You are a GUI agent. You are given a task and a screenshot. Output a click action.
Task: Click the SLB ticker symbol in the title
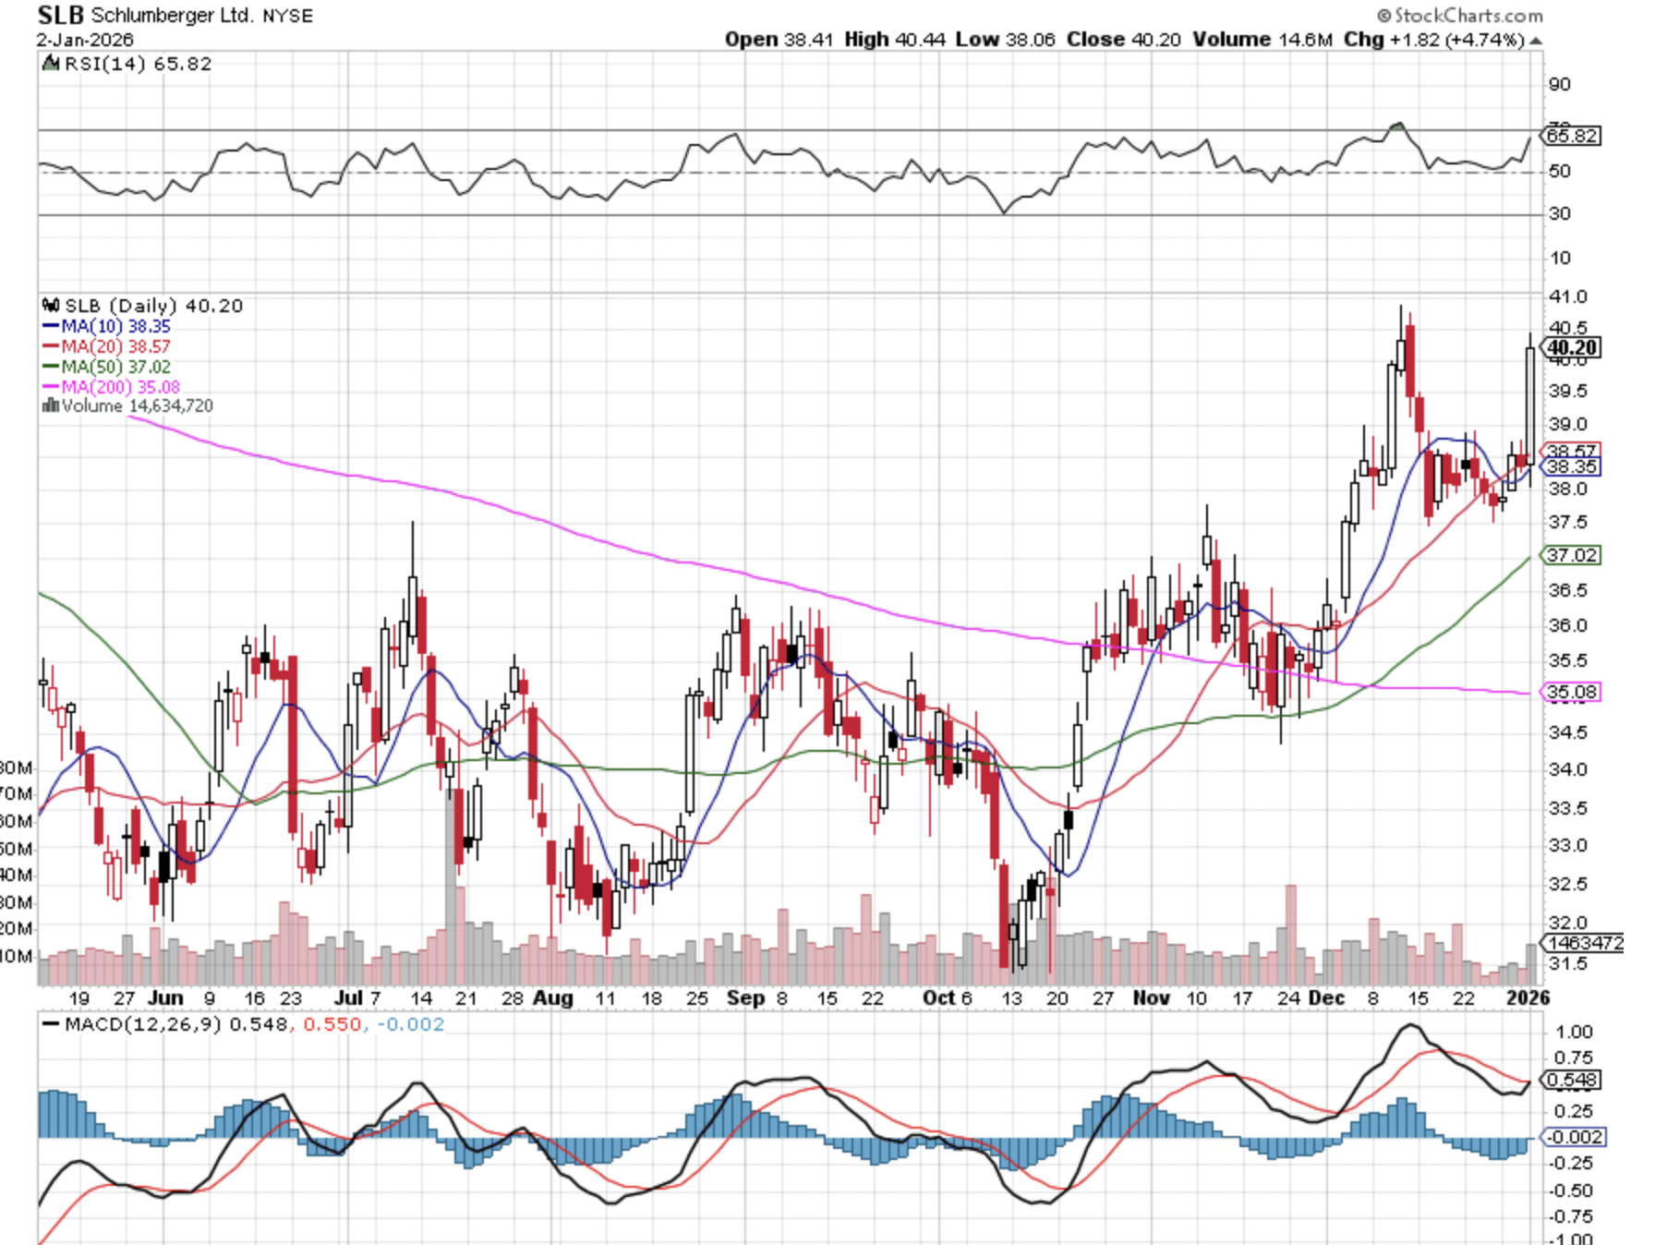point(60,15)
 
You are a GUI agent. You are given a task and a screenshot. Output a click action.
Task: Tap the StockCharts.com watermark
point(1460,15)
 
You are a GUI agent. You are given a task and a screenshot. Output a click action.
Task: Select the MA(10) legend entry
point(107,326)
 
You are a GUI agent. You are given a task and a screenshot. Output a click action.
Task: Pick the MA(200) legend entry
point(112,387)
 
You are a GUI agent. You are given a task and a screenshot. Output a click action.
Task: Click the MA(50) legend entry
point(107,367)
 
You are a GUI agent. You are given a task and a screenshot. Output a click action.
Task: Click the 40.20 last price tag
point(1572,348)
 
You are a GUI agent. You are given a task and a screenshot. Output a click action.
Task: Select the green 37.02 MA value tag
point(1572,555)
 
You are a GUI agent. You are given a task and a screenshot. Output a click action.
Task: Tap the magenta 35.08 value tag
point(1572,692)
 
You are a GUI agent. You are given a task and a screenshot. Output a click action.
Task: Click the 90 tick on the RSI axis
point(1560,84)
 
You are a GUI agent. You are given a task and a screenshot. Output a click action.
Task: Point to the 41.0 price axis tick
point(1567,296)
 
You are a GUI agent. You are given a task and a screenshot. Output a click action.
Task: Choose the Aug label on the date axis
point(553,997)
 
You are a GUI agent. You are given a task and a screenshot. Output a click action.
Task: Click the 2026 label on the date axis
point(1528,997)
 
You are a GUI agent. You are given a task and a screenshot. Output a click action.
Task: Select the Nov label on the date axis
point(1151,997)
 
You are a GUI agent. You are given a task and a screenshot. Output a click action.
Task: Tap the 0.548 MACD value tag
point(1572,1080)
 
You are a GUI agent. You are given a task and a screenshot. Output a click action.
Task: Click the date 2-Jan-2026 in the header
point(85,40)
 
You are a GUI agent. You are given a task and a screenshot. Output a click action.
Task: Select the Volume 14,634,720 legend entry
point(129,405)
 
